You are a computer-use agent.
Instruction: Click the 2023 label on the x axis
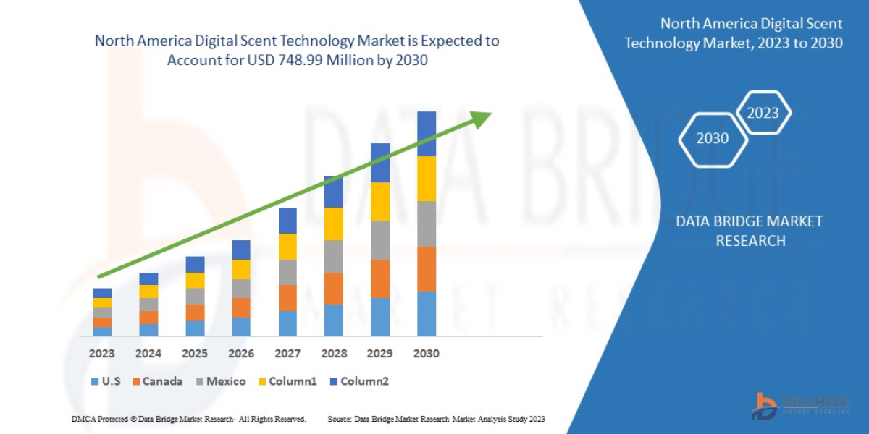click(102, 354)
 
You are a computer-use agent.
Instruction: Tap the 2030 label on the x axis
click(427, 354)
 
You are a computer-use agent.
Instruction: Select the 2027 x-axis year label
click(287, 354)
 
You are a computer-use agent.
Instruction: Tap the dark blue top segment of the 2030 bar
click(427, 134)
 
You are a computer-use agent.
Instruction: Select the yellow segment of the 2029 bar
click(380, 201)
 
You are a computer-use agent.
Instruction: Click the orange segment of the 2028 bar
click(334, 289)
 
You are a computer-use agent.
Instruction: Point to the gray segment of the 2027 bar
click(287, 272)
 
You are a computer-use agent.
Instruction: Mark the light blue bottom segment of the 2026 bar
click(241, 327)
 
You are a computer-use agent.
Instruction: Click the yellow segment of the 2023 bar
click(102, 302)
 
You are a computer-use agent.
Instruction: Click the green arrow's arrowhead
click(480, 118)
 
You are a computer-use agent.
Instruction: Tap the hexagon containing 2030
click(713, 138)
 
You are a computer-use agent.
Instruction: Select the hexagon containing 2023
click(763, 113)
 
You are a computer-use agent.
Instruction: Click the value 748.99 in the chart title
click(298, 60)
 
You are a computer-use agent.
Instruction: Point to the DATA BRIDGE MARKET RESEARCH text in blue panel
click(750, 231)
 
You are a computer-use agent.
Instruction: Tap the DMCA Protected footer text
click(188, 419)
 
